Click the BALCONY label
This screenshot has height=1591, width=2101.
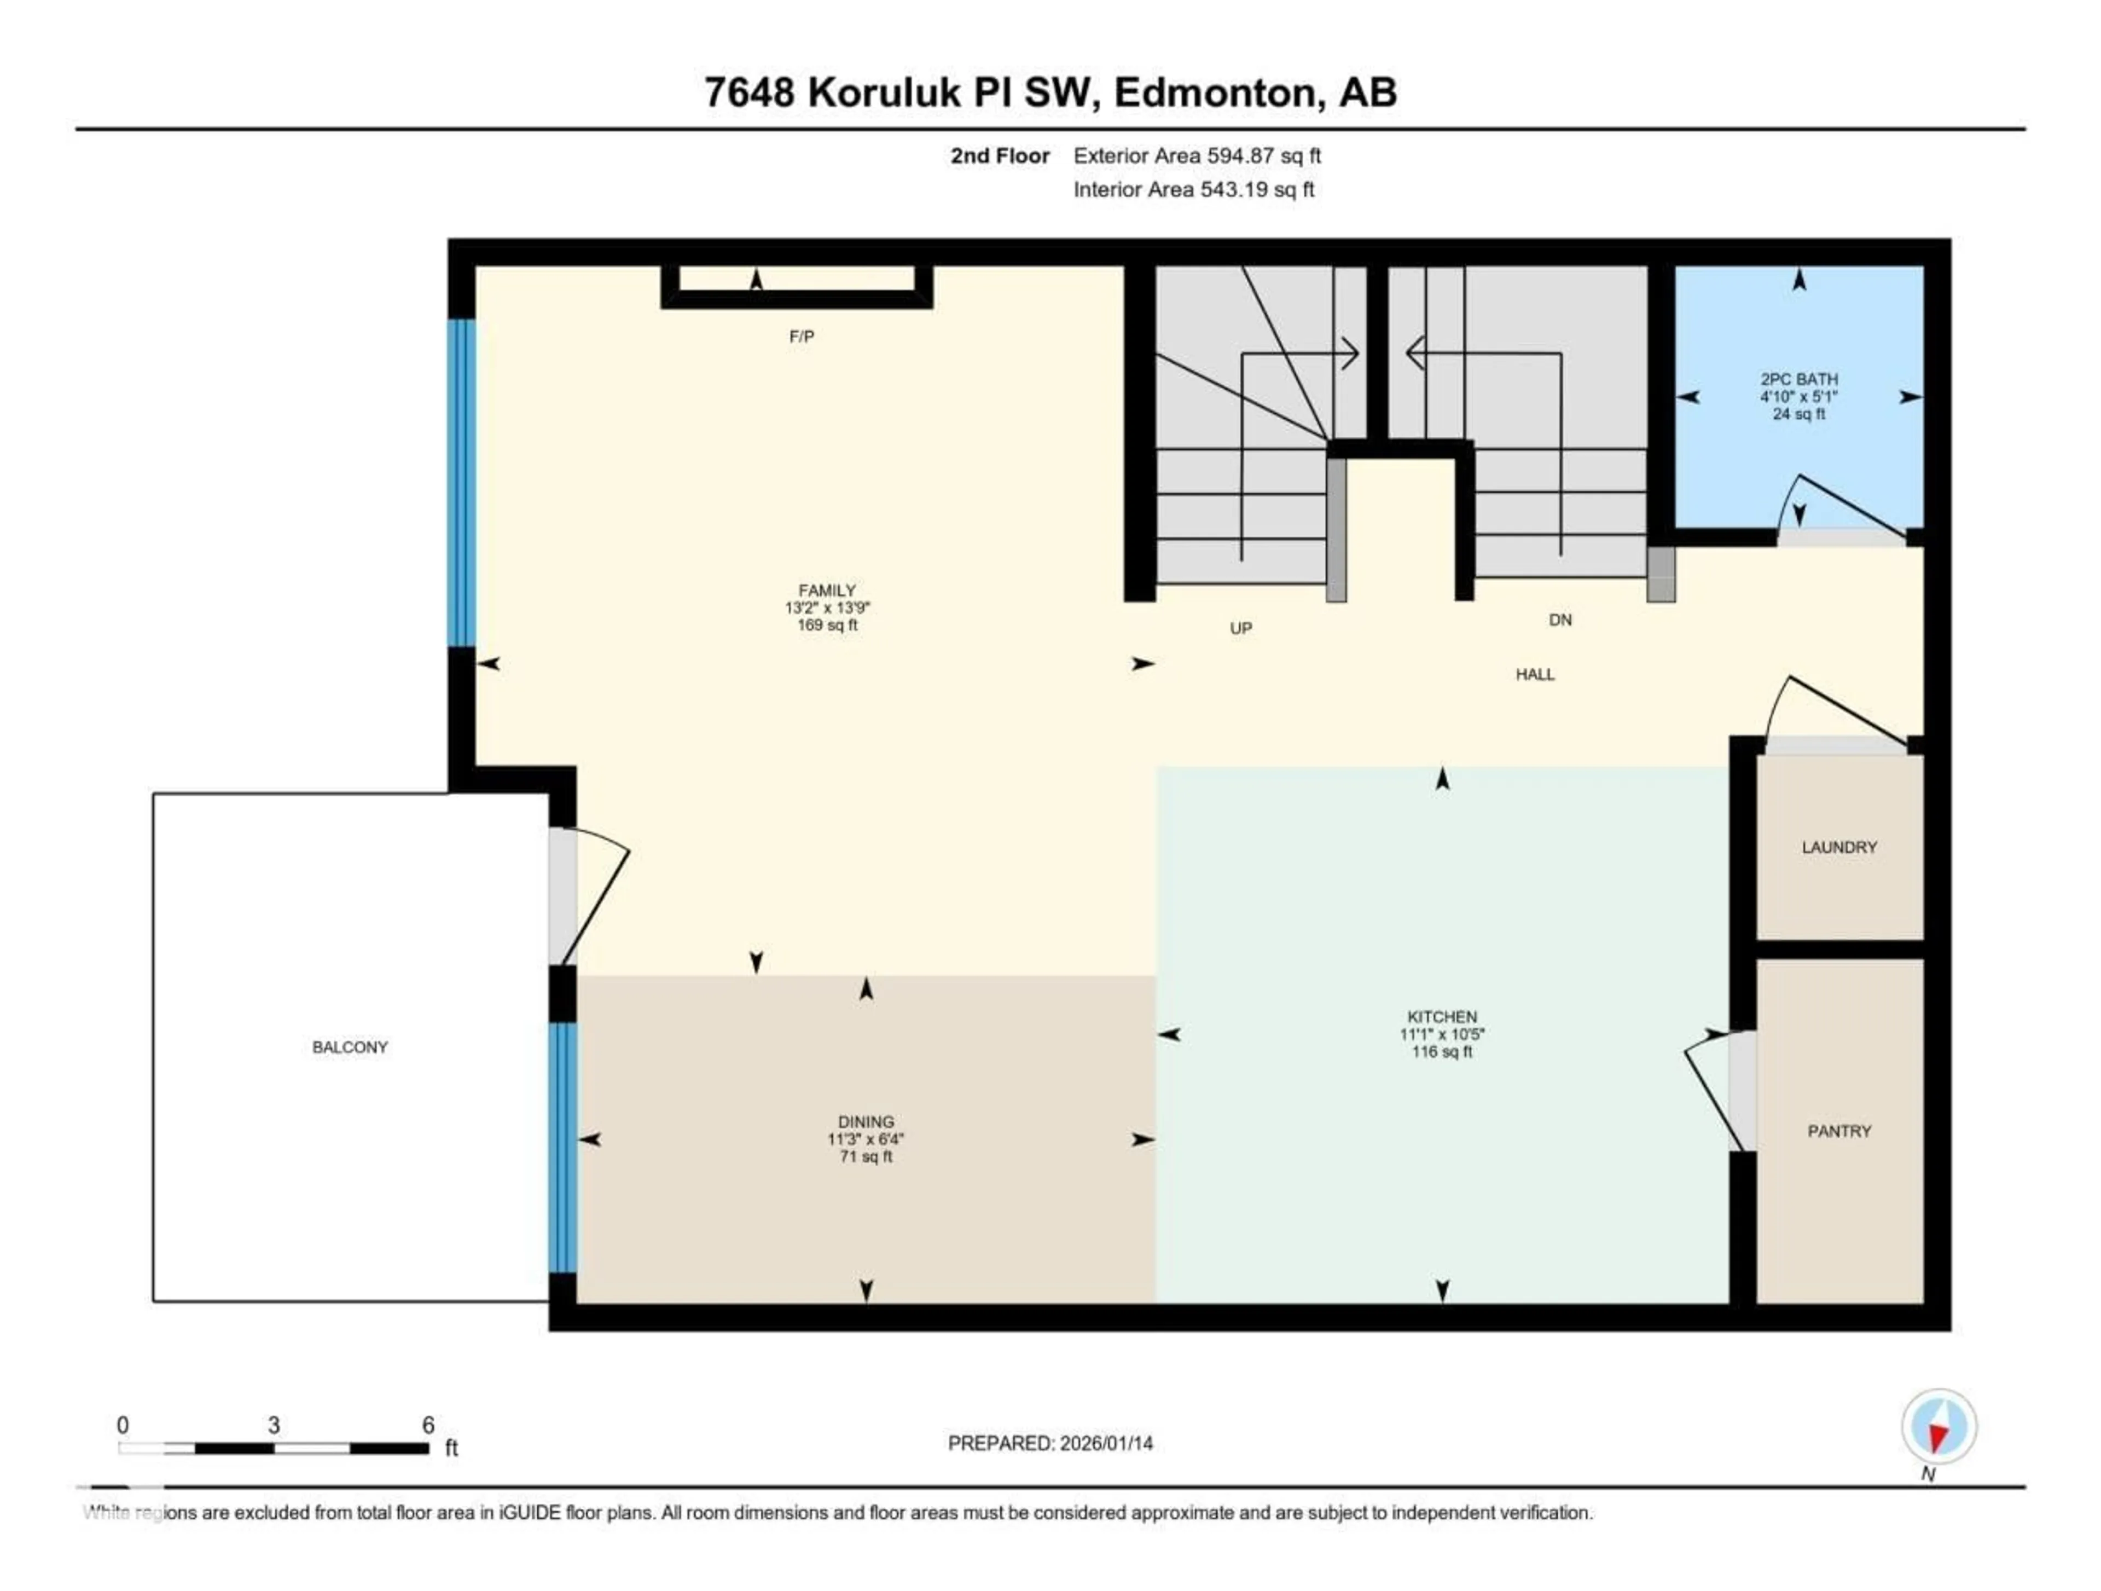point(350,1047)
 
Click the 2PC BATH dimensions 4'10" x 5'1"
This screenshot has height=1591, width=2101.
point(1798,396)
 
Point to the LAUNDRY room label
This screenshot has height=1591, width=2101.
point(1839,846)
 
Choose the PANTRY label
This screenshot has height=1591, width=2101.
point(1839,1130)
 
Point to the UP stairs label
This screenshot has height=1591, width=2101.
point(1240,628)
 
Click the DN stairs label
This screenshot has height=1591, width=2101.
point(1559,620)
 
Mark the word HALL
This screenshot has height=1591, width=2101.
point(1535,674)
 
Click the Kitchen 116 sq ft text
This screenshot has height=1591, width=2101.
point(1442,1051)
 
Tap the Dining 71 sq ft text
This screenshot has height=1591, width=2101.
point(865,1156)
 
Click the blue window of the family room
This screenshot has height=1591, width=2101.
point(462,483)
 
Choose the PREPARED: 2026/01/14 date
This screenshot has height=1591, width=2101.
point(1049,1443)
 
